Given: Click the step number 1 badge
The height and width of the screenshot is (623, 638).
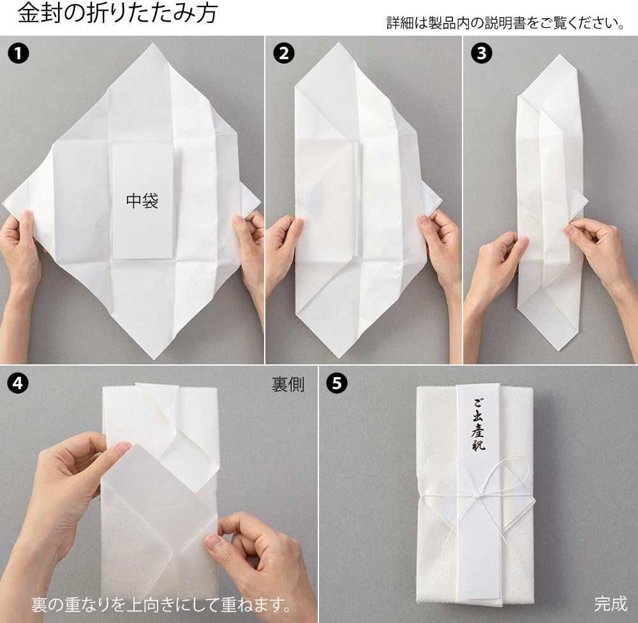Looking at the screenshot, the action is tap(19, 54).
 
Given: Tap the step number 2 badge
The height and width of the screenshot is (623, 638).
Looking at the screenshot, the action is tap(284, 54).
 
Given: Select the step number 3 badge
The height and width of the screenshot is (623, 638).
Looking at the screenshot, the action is tap(481, 54).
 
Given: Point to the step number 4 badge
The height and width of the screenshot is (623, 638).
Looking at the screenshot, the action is tap(18, 383).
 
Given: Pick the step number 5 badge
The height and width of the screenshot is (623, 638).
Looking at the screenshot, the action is tap(337, 383).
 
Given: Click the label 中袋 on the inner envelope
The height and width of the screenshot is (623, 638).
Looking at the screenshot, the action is tap(142, 201).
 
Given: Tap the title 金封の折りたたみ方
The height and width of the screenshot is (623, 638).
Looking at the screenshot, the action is tap(118, 13).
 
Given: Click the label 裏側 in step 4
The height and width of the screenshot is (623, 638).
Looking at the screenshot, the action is tap(288, 384).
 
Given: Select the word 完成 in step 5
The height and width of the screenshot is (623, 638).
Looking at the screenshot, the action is tap(611, 603).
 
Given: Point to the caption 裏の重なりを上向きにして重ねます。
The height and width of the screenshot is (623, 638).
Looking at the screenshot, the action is tap(161, 605).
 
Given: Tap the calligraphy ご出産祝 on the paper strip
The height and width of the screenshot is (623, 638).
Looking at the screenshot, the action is tap(478, 424).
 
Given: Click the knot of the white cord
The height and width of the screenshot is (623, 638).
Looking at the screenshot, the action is tap(478, 495).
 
